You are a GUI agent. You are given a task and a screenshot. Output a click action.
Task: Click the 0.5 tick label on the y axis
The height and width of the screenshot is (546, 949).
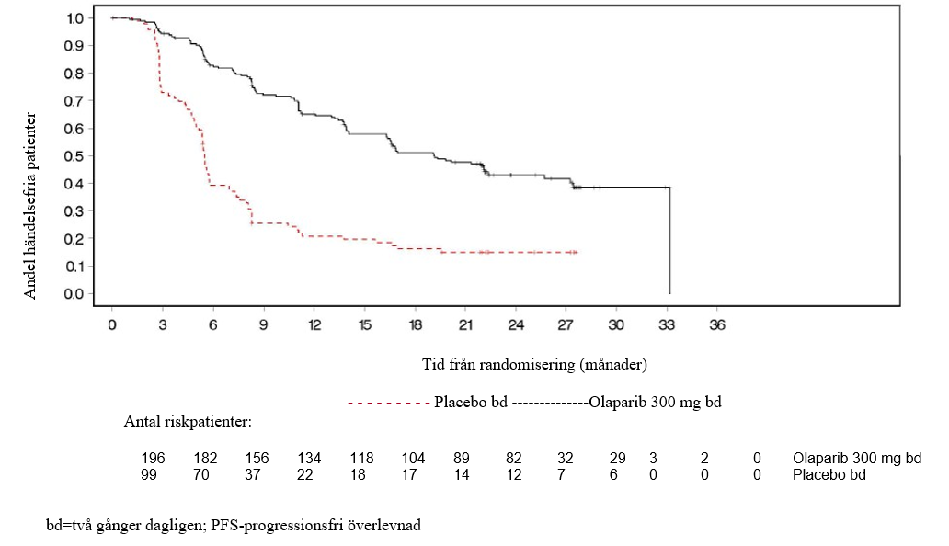[74, 155]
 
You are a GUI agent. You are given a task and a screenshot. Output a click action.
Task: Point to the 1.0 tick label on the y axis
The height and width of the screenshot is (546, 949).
[74, 17]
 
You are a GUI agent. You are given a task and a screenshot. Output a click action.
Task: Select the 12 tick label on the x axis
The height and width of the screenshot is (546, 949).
[314, 324]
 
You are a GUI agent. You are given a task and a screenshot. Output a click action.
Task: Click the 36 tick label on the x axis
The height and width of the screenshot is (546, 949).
[717, 324]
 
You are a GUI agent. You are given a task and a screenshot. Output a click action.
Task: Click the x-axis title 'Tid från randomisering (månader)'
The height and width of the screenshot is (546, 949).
[534, 364]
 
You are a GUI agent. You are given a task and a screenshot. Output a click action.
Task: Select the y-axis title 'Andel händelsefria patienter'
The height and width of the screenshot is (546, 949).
[30, 205]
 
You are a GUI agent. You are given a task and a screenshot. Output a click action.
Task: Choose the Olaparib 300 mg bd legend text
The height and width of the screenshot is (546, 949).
[654, 403]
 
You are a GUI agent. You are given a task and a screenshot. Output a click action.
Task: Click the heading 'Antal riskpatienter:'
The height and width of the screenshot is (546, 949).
[188, 423]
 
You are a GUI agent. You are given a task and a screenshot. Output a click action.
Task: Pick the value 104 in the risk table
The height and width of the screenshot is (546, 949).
[414, 458]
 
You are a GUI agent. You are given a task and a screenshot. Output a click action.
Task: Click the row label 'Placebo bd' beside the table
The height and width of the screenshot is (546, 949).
[829, 474]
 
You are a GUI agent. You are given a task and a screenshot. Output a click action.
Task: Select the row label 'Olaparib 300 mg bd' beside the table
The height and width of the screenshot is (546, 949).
[856, 458]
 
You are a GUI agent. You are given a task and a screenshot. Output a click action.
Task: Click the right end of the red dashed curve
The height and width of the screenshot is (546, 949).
[577, 251]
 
